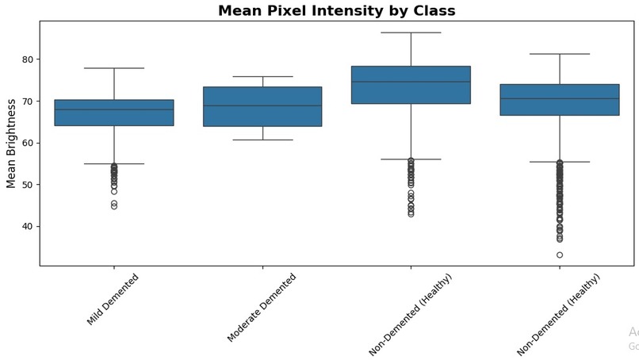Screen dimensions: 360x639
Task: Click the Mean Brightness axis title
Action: coord(11,144)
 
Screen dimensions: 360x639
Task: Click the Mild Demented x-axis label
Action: coord(113,299)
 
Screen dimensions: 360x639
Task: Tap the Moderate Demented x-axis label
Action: coord(261,308)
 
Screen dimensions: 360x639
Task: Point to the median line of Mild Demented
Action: coord(114,109)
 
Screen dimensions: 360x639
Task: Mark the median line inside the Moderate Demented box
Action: coord(262,105)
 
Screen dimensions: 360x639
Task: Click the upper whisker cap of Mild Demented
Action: coord(114,68)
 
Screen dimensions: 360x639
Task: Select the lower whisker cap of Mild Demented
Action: coord(114,163)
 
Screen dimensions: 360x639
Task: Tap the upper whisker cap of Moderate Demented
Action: coord(262,77)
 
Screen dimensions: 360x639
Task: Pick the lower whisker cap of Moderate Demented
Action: coord(262,140)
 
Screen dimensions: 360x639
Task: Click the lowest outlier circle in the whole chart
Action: coord(560,255)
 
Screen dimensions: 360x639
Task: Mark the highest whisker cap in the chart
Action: coord(411,33)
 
